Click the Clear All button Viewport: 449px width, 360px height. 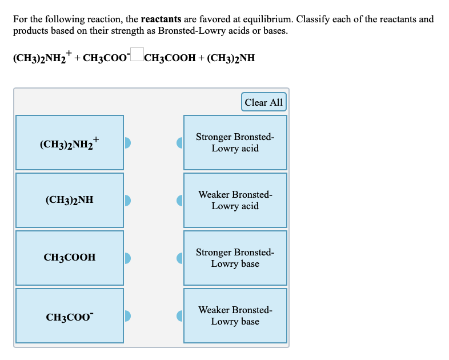point(263,102)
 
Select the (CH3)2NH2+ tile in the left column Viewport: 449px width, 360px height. point(70,142)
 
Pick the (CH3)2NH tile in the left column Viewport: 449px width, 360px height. point(70,200)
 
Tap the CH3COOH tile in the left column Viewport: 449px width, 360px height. point(70,258)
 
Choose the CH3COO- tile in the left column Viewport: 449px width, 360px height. point(70,315)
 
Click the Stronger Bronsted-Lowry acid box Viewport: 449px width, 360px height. point(235,142)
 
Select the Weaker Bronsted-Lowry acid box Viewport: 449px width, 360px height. point(235,200)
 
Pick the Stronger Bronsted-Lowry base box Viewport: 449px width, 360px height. point(235,258)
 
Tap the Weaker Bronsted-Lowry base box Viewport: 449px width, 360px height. point(235,315)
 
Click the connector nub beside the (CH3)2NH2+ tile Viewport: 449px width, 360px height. point(127,142)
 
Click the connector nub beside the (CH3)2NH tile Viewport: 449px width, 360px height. point(127,200)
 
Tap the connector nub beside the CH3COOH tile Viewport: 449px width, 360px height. point(127,258)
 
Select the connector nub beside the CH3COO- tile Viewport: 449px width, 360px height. point(127,315)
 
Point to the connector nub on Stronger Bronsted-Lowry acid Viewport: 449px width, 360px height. point(179,142)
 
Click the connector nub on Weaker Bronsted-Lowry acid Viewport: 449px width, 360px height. point(179,200)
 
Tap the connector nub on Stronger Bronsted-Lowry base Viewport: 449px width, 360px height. point(179,258)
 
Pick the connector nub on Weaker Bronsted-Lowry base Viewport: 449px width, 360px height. point(179,315)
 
